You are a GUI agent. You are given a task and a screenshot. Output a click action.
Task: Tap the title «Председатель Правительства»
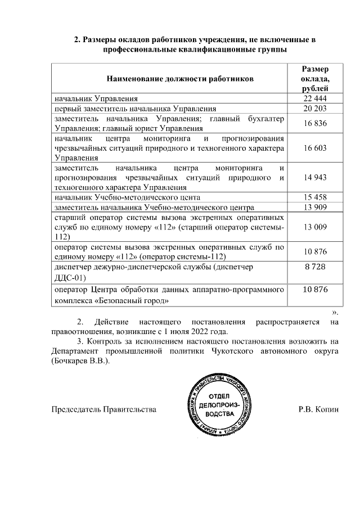point(103,409)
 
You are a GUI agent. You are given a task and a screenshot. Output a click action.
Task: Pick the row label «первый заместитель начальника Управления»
point(135,109)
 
